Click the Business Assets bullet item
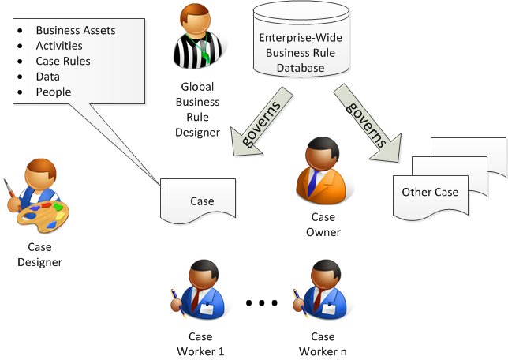[76, 31]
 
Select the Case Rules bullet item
[63, 62]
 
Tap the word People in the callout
[54, 92]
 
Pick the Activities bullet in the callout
[59, 46]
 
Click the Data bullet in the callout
[48, 77]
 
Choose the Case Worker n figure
[321, 292]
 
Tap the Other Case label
[430, 192]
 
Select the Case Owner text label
[323, 225]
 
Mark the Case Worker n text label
[323, 344]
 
